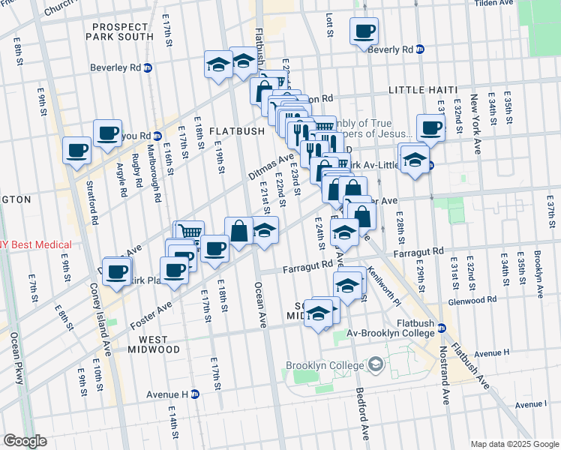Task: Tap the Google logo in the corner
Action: click(25, 441)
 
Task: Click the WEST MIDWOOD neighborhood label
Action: click(148, 344)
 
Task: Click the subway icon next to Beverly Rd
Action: click(420, 49)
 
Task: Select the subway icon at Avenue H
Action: click(194, 394)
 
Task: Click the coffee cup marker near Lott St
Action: click(364, 31)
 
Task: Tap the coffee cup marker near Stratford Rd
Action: click(76, 150)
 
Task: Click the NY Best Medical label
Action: click(36, 245)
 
